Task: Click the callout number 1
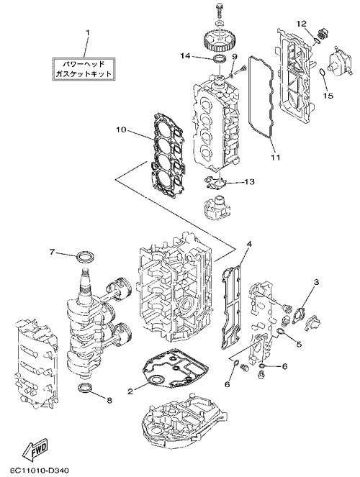click(x=87, y=32)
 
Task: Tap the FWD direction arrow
click(x=35, y=450)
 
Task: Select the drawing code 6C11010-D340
click(x=40, y=470)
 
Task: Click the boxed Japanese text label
click(x=84, y=69)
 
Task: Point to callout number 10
click(x=120, y=130)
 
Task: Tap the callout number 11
click(x=276, y=157)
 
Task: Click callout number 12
click(x=302, y=24)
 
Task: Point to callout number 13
click(x=250, y=181)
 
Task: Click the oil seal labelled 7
click(x=85, y=256)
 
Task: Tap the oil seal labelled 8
click(x=86, y=387)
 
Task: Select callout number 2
click(x=130, y=391)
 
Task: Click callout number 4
click(x=249, y=244)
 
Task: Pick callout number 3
click(x=317, y=282)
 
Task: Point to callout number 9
click(x=234, y=56)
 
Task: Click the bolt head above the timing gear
click(x=218, y=6)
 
